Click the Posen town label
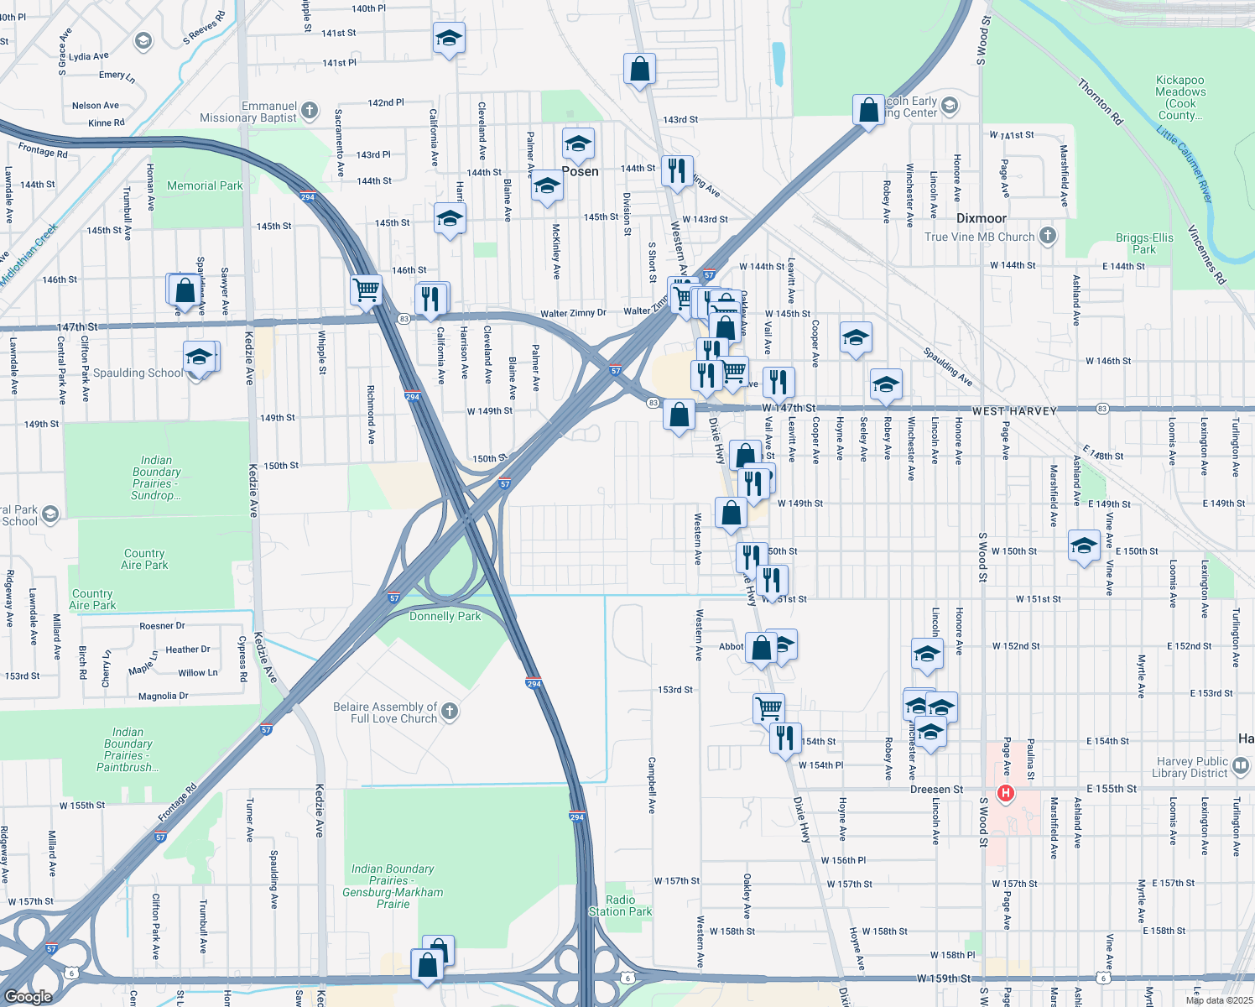click(x=581, y=171)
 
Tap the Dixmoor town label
click(x=981, y=218)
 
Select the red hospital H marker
click(x=1005, y=793)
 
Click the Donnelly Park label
click(x=445, y=616)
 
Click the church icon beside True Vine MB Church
click(x=1048, y=236)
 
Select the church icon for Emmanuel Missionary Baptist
click(x=310, y=110)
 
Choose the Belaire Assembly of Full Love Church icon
click(x=450, y=712)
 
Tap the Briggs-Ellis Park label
click(x=1144, y=243)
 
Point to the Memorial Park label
click(x=205, y=185)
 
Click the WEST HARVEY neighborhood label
click(x=1014, y=411)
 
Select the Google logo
click(x=28, y=996)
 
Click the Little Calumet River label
click(x=1184, y=164)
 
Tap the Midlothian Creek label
click(x=29, y=253)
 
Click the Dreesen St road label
click(x=937, y=790)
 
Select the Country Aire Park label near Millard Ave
click(x=92, y=599)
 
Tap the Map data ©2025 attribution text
click(x=1219, y=1000)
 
